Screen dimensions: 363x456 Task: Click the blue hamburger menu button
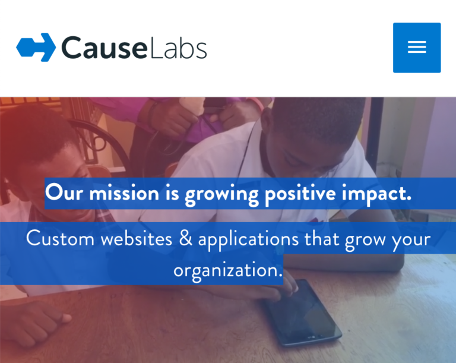click(x=417, y=48)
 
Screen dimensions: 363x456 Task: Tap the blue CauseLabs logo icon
click(x=36, y=48)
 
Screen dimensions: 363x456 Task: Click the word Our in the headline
click(x=62, y=193)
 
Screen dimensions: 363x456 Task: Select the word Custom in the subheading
click(x=60, y=239)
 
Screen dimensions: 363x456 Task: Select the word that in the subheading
click(x=322, y=239)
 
